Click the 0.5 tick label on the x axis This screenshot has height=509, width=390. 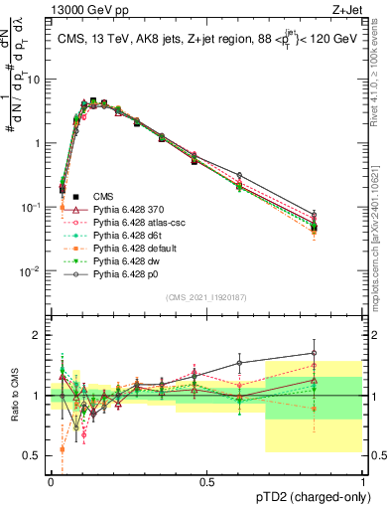(205, 480)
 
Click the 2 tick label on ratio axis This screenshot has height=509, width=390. (37, 335)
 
